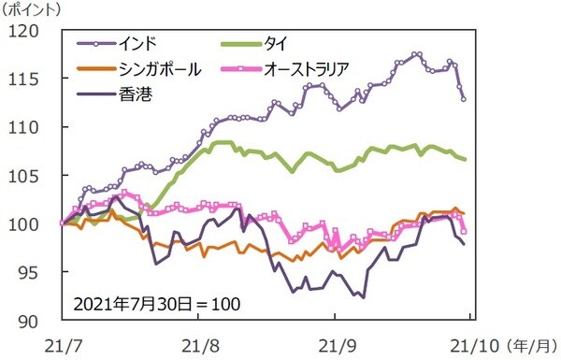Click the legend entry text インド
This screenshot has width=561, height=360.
coord(137,43)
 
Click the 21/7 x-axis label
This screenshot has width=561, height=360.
coord(62,342)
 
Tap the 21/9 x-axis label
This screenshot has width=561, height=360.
coord(340,342)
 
